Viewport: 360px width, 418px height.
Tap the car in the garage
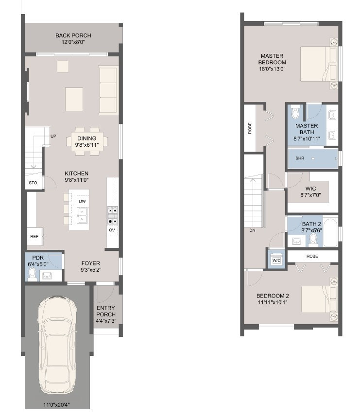[58, 346]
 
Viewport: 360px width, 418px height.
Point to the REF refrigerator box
[34, 237]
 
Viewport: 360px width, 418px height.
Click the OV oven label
[112, 229]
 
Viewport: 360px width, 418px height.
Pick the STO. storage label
[33, 183]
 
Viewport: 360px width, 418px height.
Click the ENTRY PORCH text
[106, 311]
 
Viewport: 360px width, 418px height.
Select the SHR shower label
[300, 158]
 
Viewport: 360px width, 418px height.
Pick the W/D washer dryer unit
[276, 260]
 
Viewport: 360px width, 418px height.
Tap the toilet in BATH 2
[313, 239]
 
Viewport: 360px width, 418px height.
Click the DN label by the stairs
[252, 230]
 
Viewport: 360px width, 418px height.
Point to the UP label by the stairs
[53, 136]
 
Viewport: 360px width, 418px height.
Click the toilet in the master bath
[295, 114]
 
